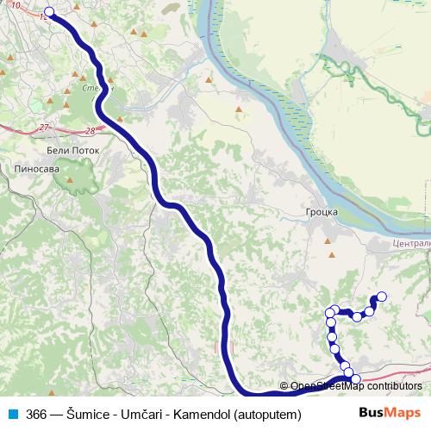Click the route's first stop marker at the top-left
[48, 12]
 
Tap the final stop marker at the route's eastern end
[382, 297]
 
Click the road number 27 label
[44, 128]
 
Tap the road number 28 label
[91, 131]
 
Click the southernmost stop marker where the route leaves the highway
[355, 379]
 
